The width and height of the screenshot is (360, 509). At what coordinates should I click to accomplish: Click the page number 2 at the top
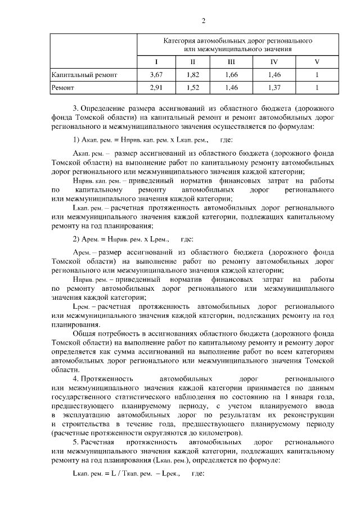204,21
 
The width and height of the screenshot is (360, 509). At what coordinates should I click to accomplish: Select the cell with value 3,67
156,74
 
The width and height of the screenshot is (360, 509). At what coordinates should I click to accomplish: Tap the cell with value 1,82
192,74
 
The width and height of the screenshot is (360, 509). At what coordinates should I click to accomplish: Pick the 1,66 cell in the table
231,74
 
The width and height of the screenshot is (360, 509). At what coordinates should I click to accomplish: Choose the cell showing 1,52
192,87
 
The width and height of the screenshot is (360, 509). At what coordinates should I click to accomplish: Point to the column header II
192,61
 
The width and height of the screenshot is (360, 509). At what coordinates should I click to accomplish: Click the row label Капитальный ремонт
84,74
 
